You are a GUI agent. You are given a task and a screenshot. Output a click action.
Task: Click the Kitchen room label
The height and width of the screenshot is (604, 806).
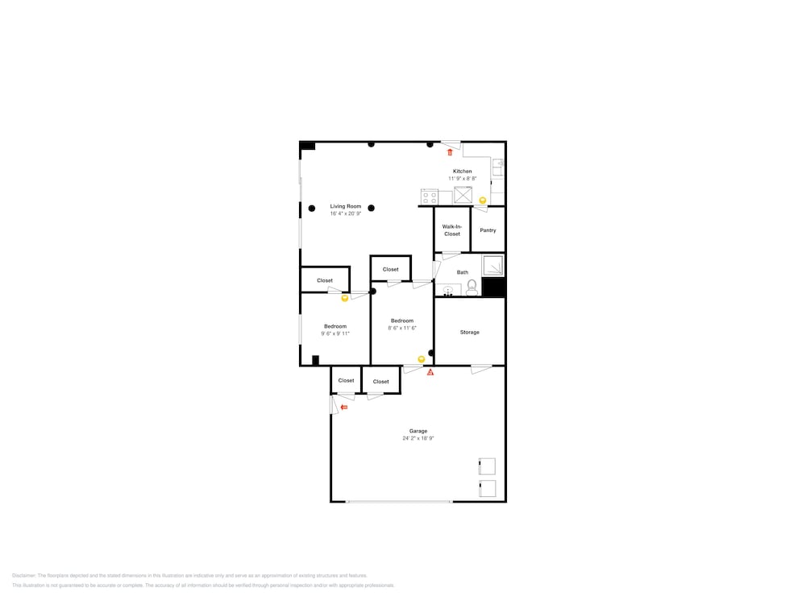463,172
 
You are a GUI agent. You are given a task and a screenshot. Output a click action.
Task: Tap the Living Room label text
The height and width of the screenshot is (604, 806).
345,207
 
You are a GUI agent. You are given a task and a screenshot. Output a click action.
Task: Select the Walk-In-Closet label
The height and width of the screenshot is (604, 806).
452,230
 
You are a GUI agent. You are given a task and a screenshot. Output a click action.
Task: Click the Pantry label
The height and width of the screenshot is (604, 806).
488,230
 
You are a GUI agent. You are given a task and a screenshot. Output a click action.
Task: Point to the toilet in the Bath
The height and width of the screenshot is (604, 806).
472,287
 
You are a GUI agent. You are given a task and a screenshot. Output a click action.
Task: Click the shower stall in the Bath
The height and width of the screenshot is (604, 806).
492,266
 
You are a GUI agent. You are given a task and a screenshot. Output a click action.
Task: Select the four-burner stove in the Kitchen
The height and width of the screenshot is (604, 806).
429,197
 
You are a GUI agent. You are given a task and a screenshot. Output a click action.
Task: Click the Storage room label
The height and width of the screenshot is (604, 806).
470,333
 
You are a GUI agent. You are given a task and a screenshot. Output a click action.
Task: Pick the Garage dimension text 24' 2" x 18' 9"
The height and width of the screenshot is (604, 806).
418,438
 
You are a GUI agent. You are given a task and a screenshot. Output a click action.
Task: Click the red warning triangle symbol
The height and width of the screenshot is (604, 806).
430,373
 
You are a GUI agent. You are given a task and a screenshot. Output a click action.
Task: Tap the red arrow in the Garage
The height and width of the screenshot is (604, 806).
344,407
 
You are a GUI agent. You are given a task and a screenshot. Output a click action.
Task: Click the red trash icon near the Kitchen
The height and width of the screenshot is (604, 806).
450,152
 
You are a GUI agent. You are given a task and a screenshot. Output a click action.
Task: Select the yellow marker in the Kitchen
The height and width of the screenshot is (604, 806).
483,201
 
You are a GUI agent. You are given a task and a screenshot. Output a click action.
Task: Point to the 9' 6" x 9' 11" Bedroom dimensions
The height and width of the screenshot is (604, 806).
335,333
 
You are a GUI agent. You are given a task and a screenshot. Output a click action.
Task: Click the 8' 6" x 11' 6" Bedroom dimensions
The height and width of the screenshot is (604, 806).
402,328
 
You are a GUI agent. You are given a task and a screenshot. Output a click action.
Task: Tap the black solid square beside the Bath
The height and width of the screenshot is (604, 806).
493,288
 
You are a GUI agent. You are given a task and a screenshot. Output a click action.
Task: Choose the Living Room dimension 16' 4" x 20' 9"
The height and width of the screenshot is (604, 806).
345,214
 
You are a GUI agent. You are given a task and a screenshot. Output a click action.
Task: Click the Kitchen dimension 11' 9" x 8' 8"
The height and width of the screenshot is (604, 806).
463,178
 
